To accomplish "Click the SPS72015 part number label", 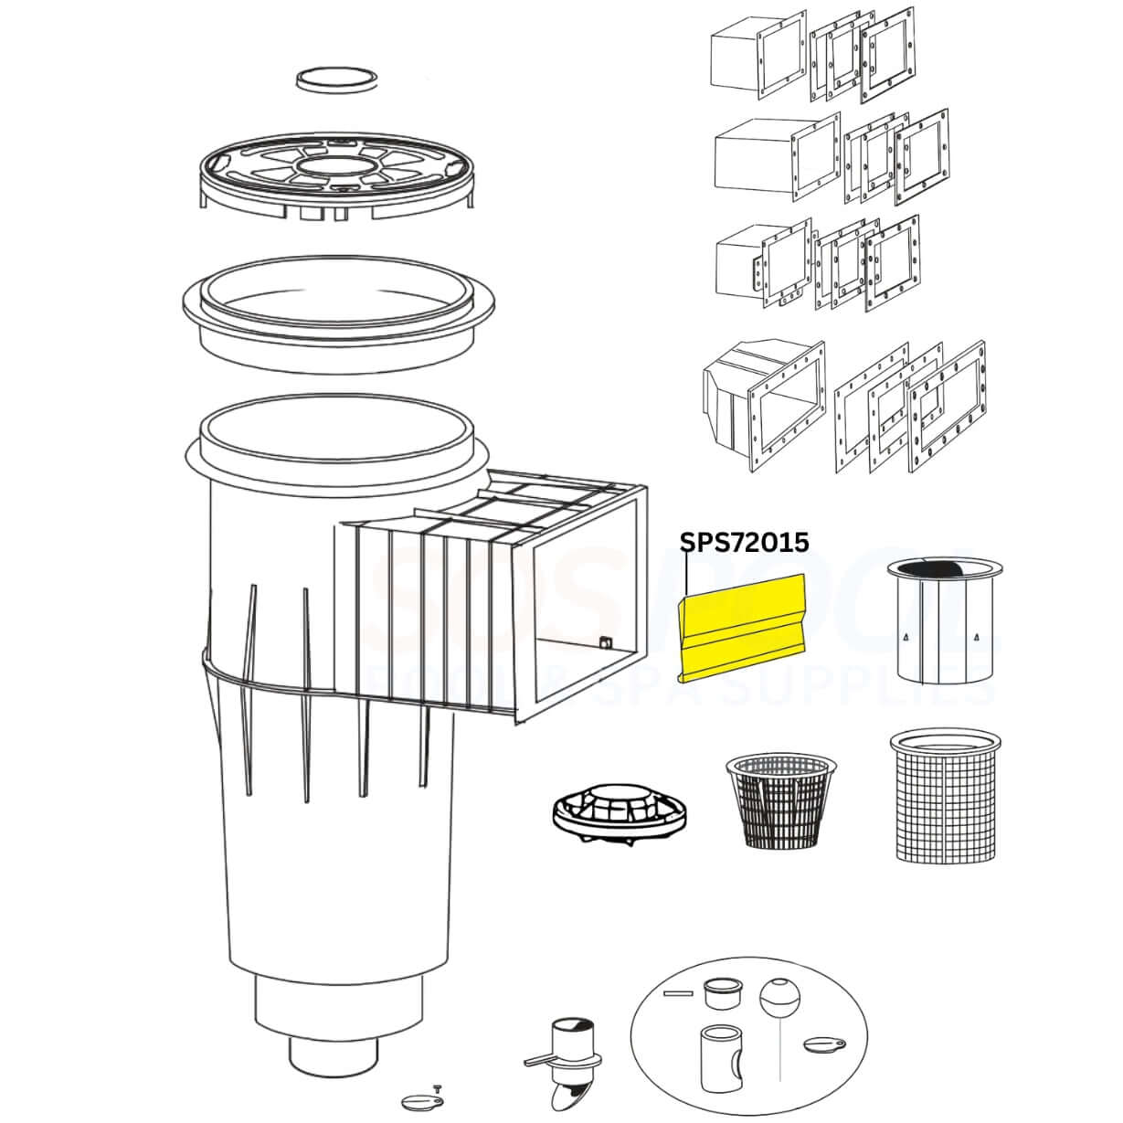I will (744, 542).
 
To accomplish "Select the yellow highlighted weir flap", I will (742, 628).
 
